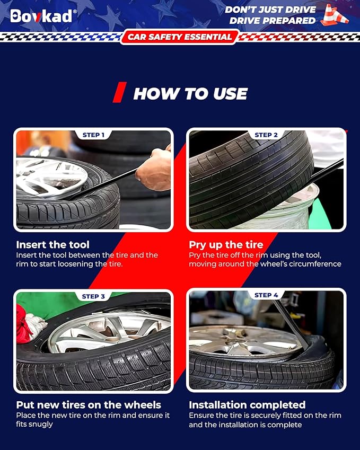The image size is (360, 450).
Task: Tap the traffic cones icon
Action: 335,15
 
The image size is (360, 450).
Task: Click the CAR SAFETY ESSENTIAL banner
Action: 180,37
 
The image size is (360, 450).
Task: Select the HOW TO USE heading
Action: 190,94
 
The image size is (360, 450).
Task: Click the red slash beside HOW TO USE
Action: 119,92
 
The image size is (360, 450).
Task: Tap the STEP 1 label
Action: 93,135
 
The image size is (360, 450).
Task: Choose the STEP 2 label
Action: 266,135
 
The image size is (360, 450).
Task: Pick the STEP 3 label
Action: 93,296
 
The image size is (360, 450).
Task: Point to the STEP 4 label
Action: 266,295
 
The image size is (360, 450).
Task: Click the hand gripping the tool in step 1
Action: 154,169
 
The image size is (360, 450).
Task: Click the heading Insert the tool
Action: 53,244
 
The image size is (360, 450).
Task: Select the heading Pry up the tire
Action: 226,244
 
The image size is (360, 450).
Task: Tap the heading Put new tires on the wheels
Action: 89,404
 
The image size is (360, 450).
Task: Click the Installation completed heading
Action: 247,404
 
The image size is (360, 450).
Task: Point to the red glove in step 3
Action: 23,324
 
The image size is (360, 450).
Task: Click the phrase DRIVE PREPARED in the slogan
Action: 273,21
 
